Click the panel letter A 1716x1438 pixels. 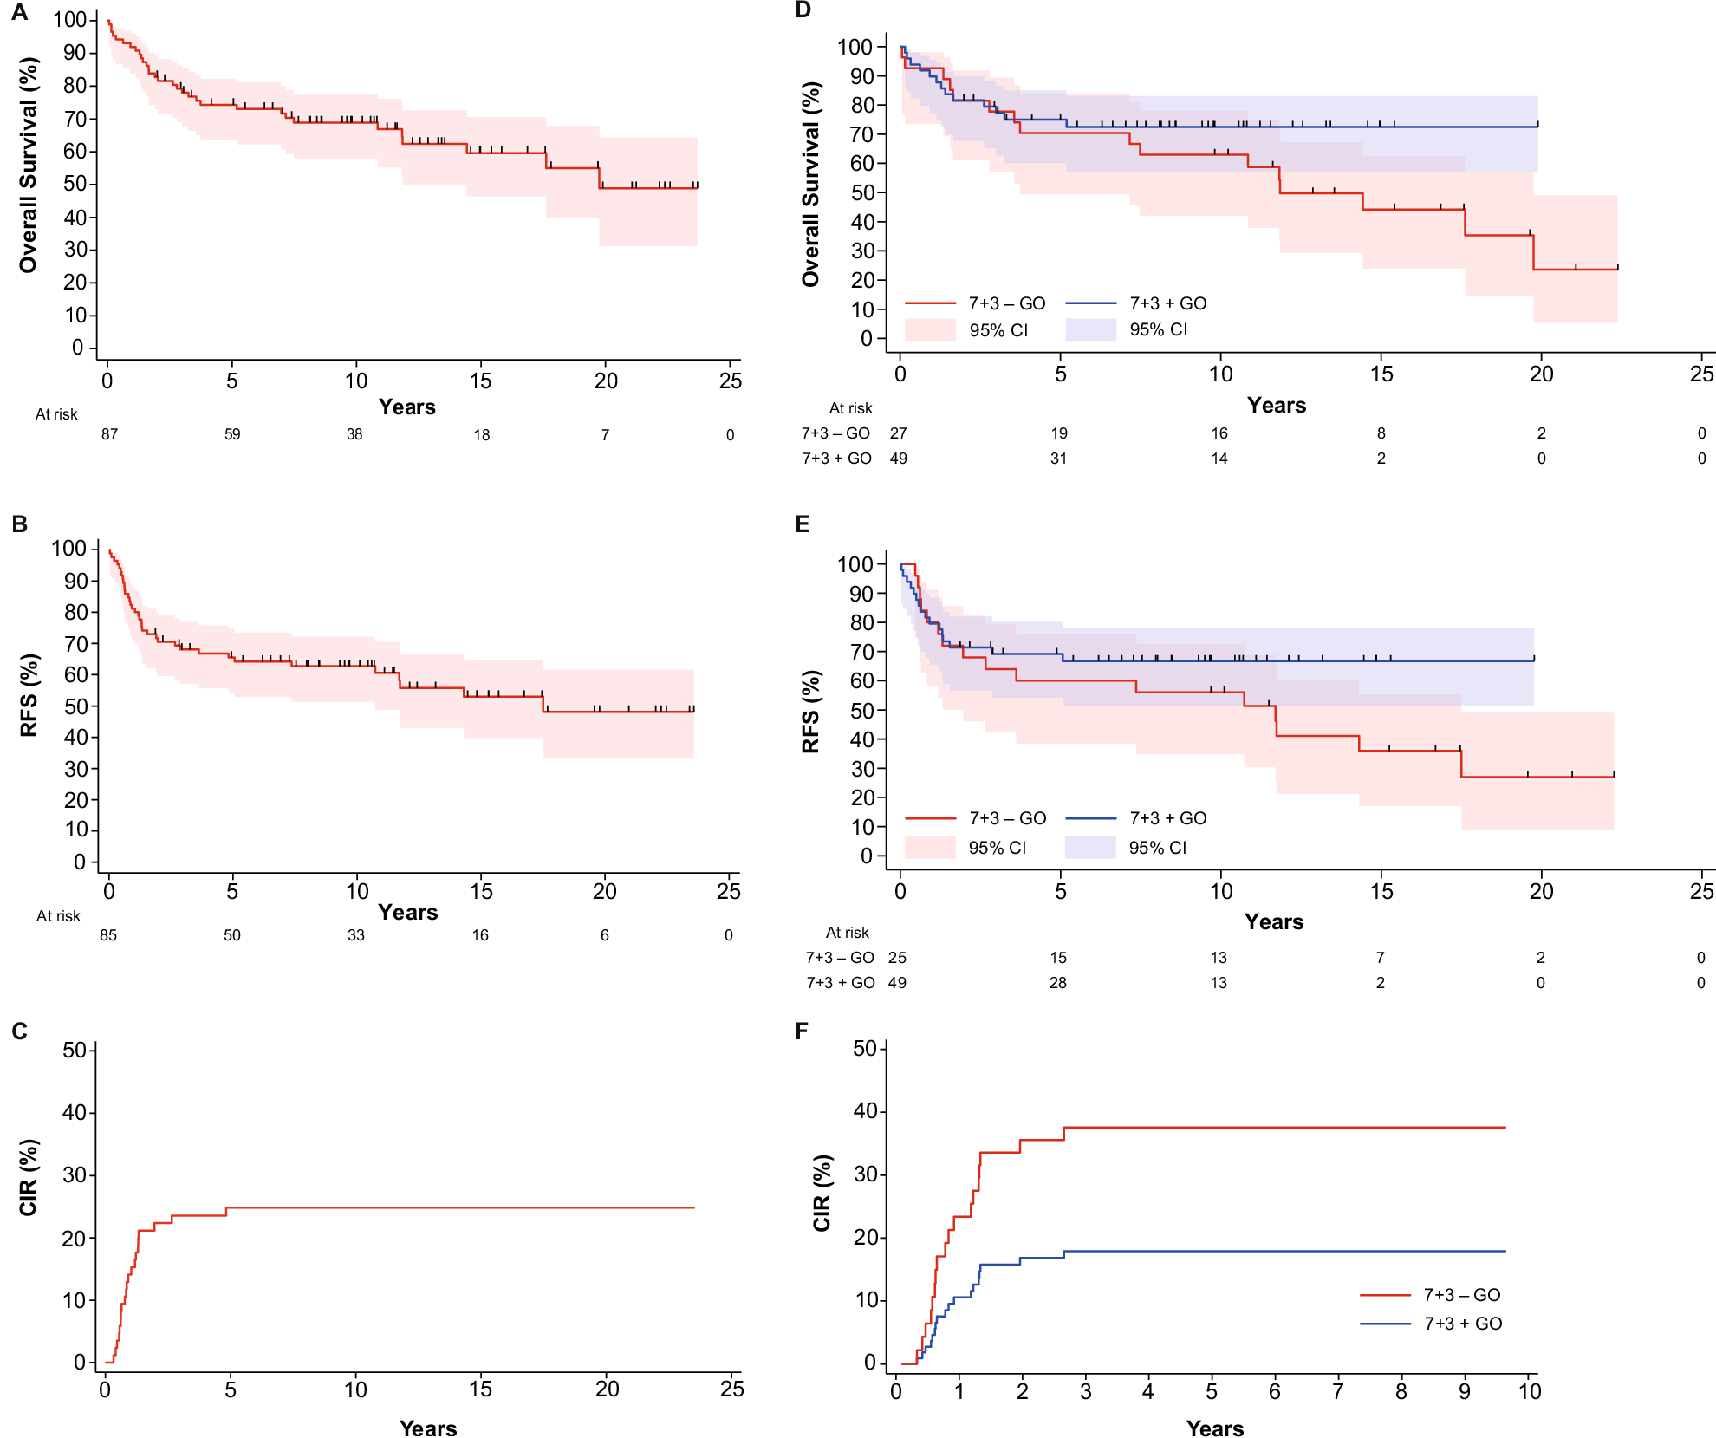tap(19, 12)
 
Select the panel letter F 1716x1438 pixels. tap(802, 1031)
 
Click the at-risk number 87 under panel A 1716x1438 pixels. tap(109, 434)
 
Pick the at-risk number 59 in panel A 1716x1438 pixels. tap(232, 434)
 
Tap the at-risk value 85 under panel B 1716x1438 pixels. tap(108, 935)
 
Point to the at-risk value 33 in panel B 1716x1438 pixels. tap(356, 935)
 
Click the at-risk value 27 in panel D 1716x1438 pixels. tap(899, 433)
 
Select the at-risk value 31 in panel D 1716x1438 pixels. tap(1059, 459)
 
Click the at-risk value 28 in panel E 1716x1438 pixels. tap(1058, 983)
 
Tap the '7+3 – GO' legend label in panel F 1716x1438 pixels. tap(1462, 1295)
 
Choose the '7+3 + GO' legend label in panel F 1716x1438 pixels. tap(1463, 1324)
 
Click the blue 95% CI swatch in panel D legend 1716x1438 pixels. tap(1090, 330)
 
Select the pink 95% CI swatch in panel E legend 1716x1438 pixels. tap(930, 848)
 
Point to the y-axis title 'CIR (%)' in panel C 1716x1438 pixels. tap(29, 1177)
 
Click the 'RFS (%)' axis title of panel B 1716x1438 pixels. tap(29, 695)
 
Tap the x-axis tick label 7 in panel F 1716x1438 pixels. tap(1338, 1392)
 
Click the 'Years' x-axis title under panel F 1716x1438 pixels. tap(1215, 1428)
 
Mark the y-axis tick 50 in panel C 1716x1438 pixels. tap(75, 1051)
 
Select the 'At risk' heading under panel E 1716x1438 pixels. tap(847, 933)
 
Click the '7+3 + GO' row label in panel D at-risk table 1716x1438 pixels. tap(836, 459)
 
